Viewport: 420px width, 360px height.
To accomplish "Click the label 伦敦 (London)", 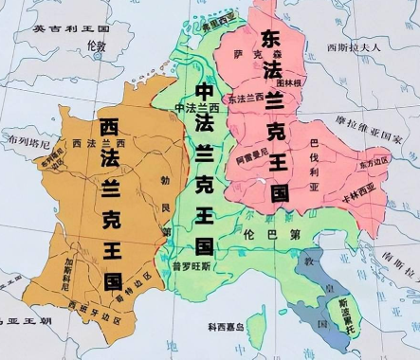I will (x=96, y=45).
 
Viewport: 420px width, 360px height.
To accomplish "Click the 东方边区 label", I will (x=374, y=162).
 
